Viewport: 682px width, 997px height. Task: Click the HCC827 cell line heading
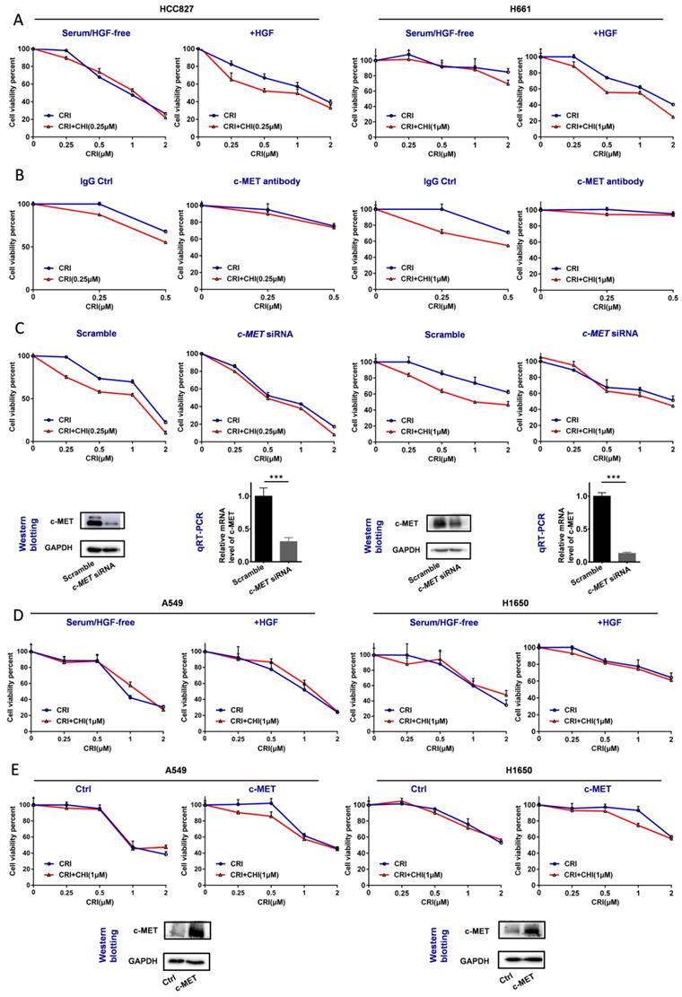(x=170, y=7)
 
